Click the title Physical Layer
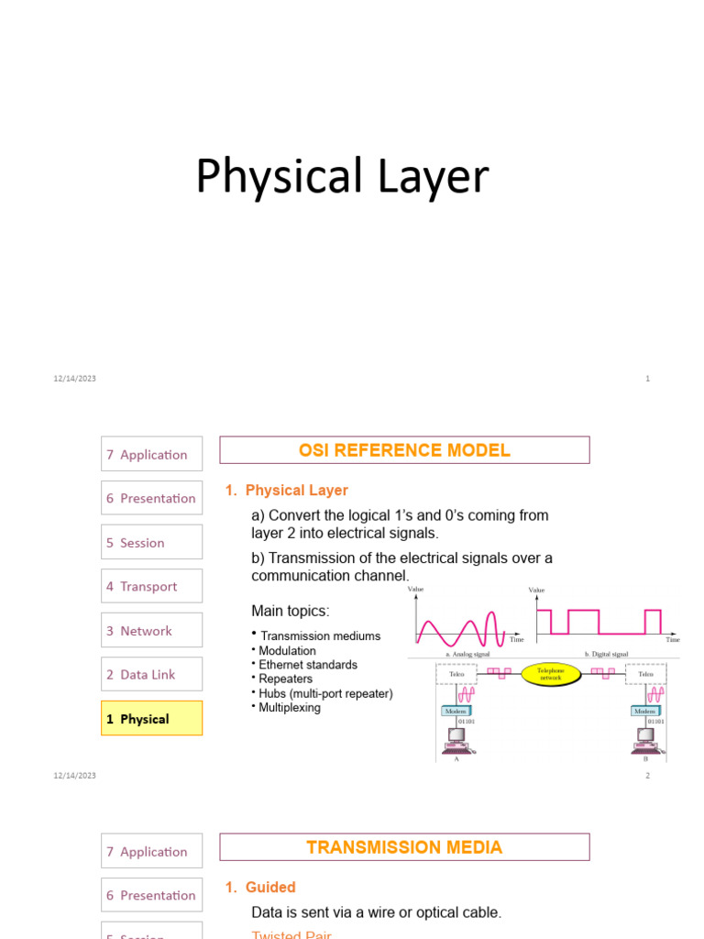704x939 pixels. click(x=342, y=177)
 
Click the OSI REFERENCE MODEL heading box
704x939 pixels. click(x=404, y=450)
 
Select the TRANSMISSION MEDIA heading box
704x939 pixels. click(x=404, y=847)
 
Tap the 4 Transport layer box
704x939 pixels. click(x=151, y=587)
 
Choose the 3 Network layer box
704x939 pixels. click(x=151, y=631)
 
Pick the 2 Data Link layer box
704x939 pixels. click(x=151, y=675)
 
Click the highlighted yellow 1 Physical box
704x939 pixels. click(x=151, y=719)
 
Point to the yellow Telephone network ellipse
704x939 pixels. click(x=551, y=675)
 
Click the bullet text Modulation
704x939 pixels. click(x=287, y=651)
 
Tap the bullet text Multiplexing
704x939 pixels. click(x=290, y=708)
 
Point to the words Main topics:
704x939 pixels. click(x=291, y=611)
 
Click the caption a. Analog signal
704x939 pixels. click(x=467, y=655)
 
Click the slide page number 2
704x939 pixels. click(x=647, y=776)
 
